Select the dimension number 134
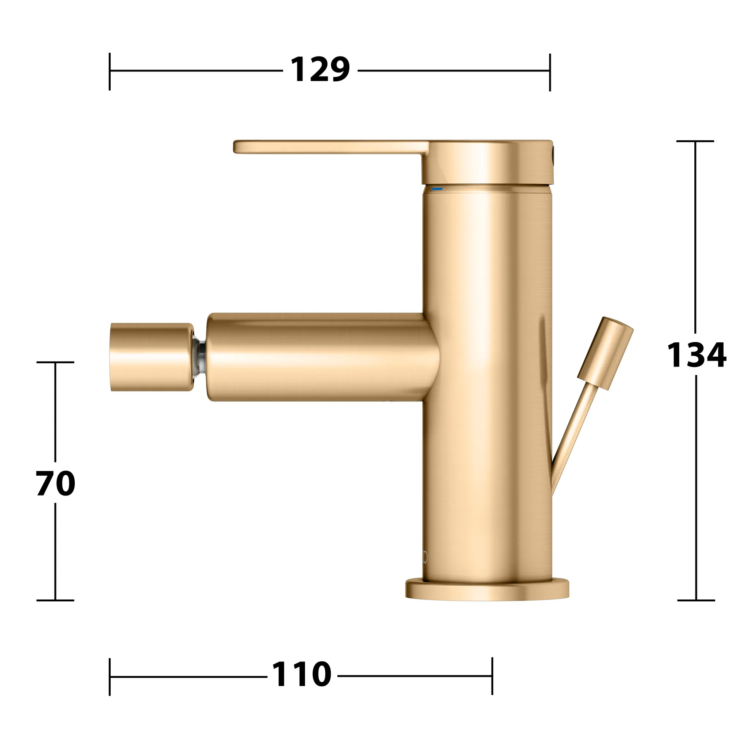(696, 355)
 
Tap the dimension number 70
(56, 483)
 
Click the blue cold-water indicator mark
(438, 189)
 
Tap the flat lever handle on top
(330, 147)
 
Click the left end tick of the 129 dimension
(110, 71)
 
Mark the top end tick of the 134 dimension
(695, 141)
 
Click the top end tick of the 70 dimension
(55, 362)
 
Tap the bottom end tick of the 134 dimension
(696, 600)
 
